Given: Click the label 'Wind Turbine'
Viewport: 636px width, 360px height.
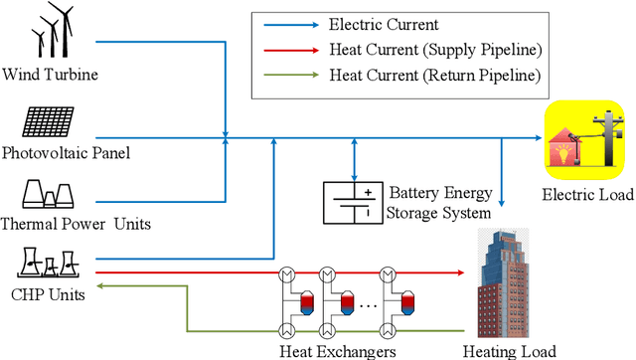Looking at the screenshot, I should coord(50,74).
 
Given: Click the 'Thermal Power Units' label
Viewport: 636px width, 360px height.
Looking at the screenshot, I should coord(77,224).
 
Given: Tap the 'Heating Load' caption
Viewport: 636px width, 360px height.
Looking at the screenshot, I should coord(509,350).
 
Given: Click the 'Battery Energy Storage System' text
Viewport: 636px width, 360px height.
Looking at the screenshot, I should coord(438,201).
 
